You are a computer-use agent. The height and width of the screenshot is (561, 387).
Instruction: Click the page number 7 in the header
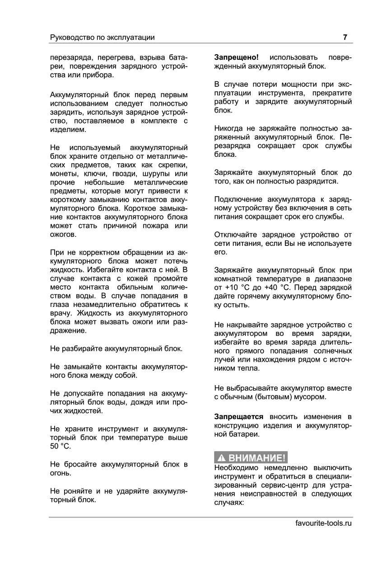pos(345,38)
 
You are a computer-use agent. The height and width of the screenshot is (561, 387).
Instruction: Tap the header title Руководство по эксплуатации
pos(102,38)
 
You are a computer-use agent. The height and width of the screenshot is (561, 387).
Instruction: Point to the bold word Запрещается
pos(238,416)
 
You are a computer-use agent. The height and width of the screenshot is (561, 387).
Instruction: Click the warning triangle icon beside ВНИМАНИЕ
pos(221,457)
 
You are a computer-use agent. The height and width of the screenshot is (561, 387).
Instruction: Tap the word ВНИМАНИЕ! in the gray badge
pos(256,457)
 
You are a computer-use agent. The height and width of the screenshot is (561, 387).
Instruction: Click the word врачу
pos(60,313)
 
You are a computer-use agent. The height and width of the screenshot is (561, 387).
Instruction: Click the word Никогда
pos(228,128)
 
